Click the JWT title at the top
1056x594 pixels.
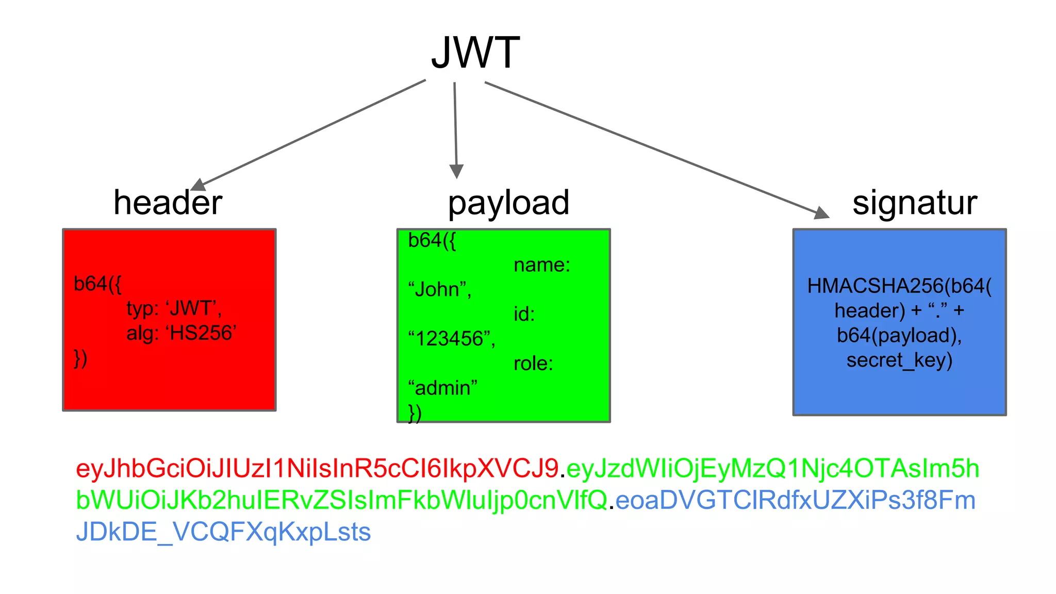click(475, 53)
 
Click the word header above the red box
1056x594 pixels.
click(168, 203)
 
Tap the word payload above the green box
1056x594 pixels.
click(508, 203)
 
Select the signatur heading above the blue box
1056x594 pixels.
click(914, 203)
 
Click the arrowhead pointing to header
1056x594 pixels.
click(197, 185)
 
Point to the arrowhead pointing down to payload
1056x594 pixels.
click(456, 172)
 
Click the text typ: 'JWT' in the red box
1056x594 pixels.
click(174, 308)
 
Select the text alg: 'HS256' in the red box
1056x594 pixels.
click(181, 333)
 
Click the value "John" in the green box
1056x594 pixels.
click(439, 289)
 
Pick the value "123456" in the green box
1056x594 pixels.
click(451, 339)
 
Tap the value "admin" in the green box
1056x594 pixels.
click(442, 388)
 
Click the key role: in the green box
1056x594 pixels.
click(533, 364)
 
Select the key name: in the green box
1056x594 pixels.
click(542, 265)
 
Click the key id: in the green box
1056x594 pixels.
click(524, 314)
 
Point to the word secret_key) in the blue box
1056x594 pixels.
click(899, 360)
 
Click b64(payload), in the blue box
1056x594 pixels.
click(899, 335)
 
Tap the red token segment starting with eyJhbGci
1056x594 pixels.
click(317, 469)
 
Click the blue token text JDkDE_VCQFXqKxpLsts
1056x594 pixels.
click(223, 532)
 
